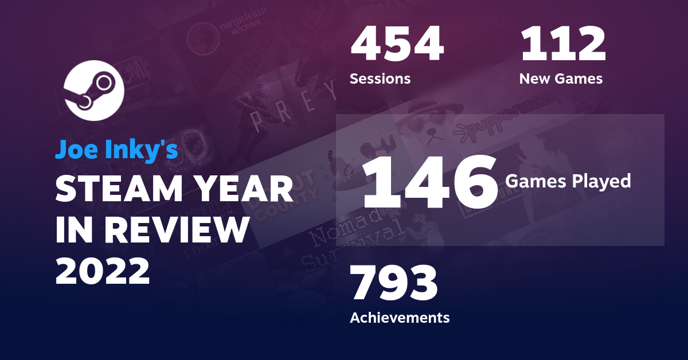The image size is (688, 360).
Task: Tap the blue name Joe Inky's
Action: point(117,150)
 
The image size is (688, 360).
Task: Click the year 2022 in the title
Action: point(103,270)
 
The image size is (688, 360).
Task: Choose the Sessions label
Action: point(380,79)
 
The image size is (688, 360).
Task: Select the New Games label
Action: point(561,79)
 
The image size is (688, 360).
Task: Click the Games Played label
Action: point(568,181)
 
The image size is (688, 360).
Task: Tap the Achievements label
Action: point(400,317)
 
